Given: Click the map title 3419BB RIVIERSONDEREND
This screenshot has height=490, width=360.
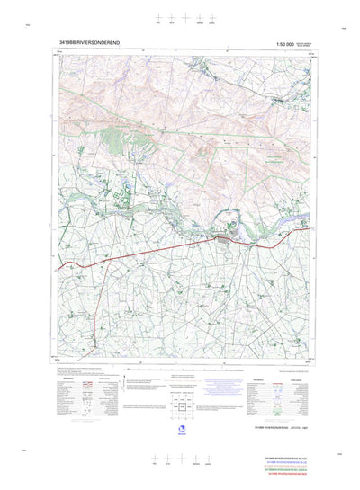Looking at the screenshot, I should pyautogui.click(x=94, y=41).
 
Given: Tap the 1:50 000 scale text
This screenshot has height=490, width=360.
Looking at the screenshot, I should pyautogui.click(x=292, y=41).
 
